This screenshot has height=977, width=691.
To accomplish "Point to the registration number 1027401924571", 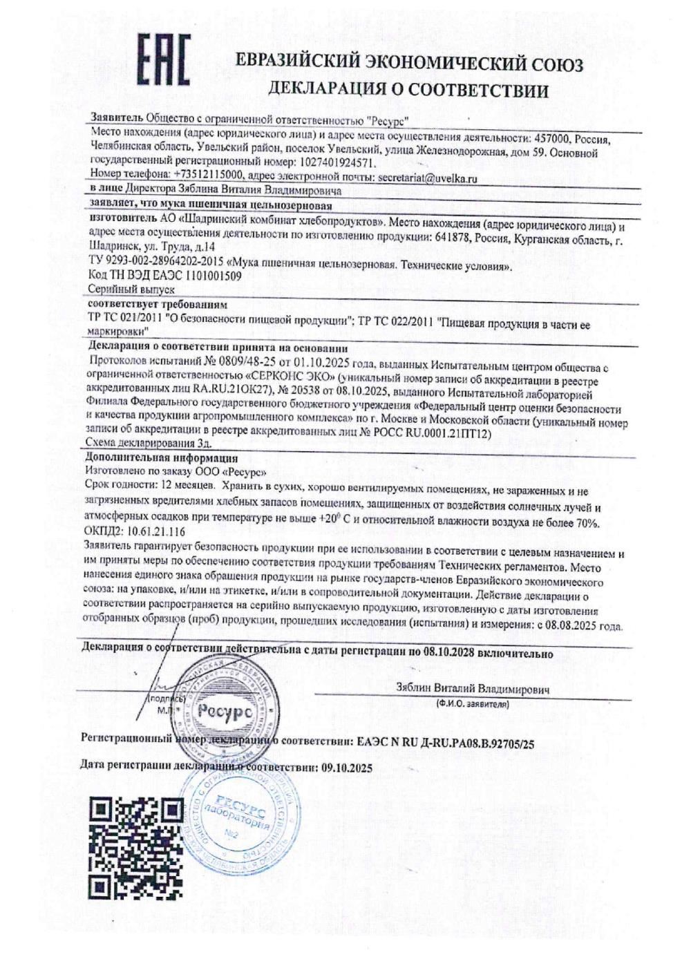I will [330, 164].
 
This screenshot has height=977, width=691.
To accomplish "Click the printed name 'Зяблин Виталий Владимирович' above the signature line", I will [473, 690].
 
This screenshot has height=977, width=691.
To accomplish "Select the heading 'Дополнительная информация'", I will [161, 458].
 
